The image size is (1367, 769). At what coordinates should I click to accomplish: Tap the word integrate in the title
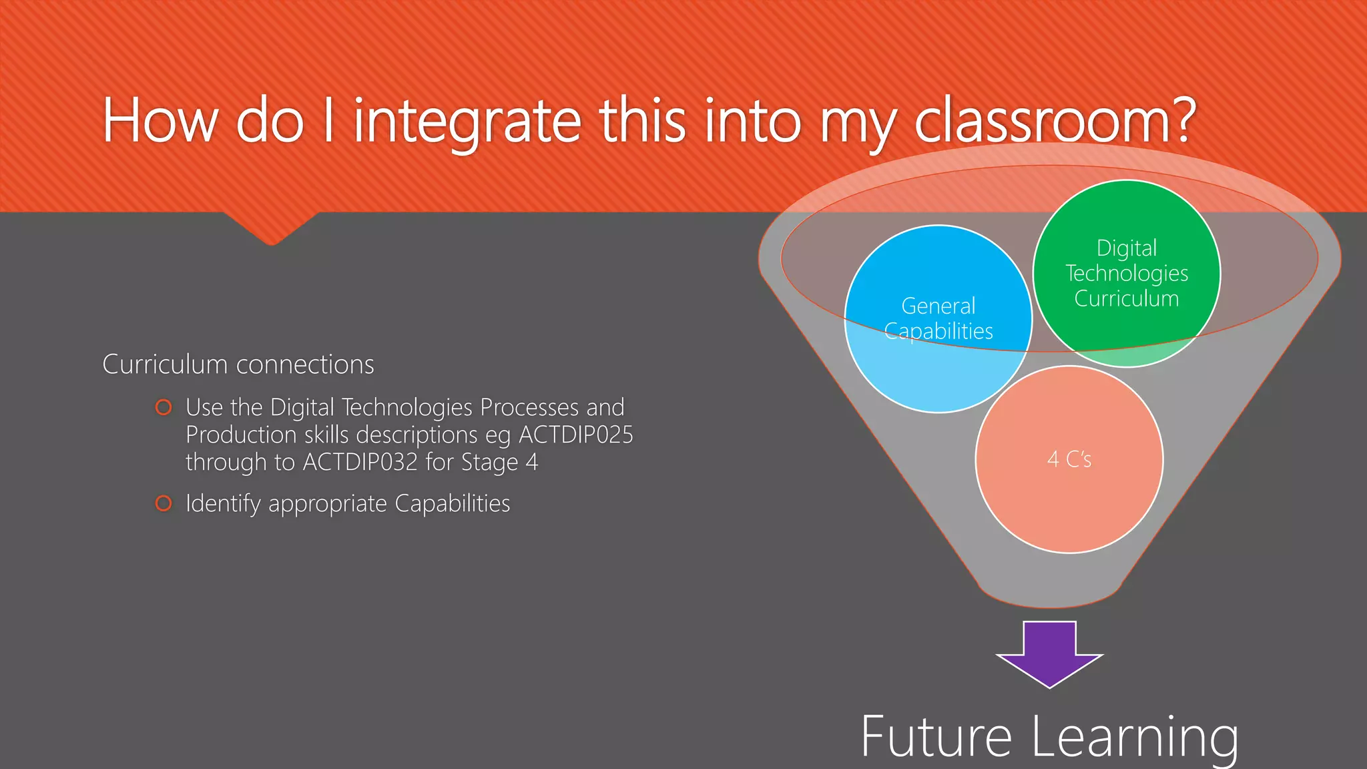[x=467, y=121]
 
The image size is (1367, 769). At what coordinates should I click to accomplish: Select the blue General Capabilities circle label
[x=938, y=318]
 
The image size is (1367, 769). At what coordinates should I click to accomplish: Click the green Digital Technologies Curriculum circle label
[x=1127, y=273]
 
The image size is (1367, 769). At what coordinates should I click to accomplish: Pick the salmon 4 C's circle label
[x=1069, y=459]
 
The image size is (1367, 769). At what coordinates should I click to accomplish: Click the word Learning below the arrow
[x=1135, y=738]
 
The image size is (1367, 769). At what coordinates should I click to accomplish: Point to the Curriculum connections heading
[x=238, y=364]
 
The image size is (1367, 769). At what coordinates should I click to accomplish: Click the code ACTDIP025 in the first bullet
[x=576, y=435]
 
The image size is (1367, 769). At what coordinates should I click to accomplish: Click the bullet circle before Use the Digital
[x=164, y=407]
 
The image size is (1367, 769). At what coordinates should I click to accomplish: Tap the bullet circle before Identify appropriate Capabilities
[x=164, y=503]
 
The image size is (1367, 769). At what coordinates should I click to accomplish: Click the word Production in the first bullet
[x=241, y=435]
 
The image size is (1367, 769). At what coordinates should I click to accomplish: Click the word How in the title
[x=160, y=121]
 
